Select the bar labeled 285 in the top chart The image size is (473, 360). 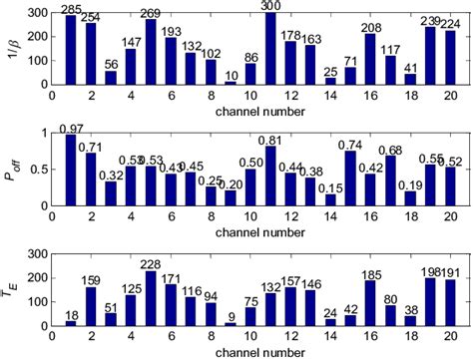(70, 50)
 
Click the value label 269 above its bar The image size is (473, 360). (151, 12)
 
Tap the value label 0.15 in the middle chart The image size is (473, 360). (329, 186)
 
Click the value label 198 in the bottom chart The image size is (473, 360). (431, 271)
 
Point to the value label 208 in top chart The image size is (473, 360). (370, 27)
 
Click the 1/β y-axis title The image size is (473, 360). (12, 48)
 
